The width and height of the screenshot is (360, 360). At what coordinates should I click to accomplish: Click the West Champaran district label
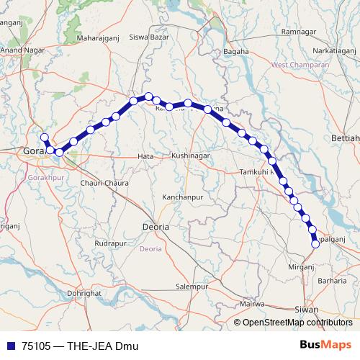click(300, 66)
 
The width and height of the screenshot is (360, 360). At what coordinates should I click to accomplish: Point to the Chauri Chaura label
click(104, 183)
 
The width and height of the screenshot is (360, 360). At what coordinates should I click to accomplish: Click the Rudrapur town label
click(110, 243)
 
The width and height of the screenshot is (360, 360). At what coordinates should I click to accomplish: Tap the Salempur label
click(192, 286)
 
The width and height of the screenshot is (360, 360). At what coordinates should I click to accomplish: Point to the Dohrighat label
click(84, 294)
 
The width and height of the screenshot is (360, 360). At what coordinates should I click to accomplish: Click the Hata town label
click(145, 156)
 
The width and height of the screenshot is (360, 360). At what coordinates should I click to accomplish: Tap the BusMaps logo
click(326, 345)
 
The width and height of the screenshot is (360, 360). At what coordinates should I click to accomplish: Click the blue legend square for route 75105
click(11, 346)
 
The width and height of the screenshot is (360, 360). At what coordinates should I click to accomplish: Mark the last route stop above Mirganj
click(315, 244)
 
